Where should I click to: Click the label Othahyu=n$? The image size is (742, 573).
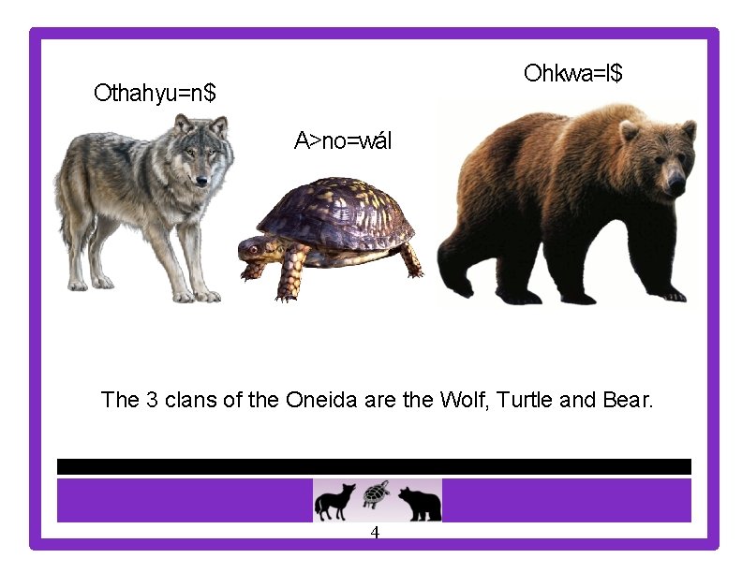coord(155,93)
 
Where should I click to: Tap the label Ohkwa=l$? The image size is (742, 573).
coord(573,73)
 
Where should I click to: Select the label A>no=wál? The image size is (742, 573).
coord(343,141)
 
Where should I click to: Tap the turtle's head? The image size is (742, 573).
coord(253,248)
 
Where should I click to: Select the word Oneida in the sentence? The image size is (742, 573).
coord(321,401)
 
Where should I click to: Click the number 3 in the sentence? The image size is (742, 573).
coord(152,401)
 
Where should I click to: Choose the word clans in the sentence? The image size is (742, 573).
coord(192,401)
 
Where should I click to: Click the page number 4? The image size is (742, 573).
coord(375,534)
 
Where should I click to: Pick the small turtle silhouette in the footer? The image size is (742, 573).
coord(377,492)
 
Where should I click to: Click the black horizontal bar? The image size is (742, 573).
coord(374,466)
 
